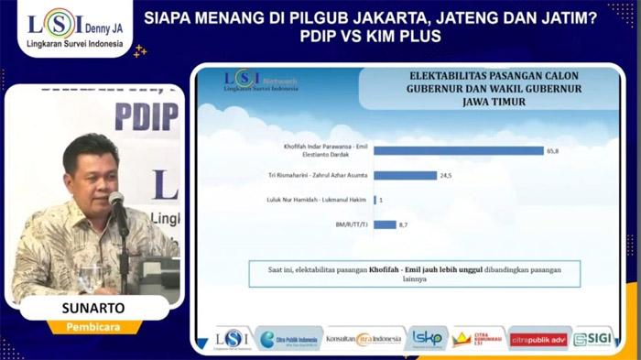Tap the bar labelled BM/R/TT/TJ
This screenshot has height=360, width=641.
[384, 224]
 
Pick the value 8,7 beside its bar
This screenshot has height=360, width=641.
[407, 224]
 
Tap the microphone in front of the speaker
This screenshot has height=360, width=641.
[117, 202]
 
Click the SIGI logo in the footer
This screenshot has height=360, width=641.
[593, 339]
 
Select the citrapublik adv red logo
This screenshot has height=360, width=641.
[539, 339]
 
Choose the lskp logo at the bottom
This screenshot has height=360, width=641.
[427, 339]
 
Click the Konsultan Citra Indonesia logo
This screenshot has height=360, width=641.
[364, 339]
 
